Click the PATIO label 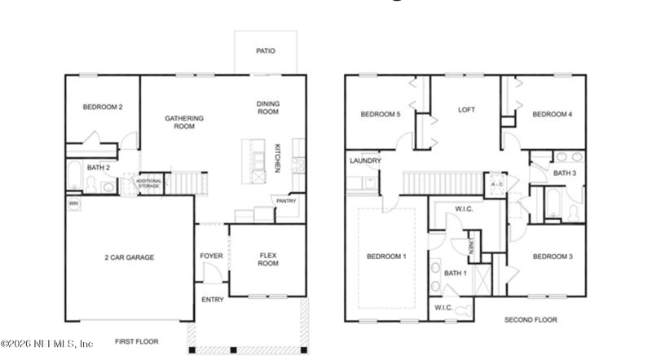(x=266, y=51)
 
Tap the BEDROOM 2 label (x=103, y=107)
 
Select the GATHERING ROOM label (x=184, y=122)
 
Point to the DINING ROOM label (x=268, y=108)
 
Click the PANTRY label (x=286, y=200)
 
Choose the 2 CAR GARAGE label (x=129, y=257)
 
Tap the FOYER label (x=211, y=257)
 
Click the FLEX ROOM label (x=269, y=260)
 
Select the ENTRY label (x=212, y=300)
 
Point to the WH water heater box (x=73, y=203)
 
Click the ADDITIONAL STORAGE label (x=148, y=184)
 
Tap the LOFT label (x=466, y=110)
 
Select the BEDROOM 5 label (x=381, y=115)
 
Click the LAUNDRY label (x=365, y=160)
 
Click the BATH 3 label (x=565, y=173)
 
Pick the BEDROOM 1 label (x=388, y=257)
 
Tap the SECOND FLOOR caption (x=531, y=320)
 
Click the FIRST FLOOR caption (x=136, y=341)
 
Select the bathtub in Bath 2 (x=73, y=175)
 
